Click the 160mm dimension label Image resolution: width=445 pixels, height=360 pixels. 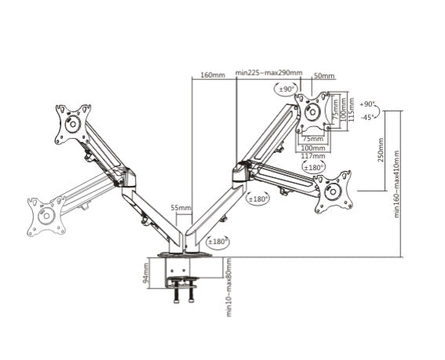pos(213,75)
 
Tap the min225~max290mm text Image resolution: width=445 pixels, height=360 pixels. pos(268,73)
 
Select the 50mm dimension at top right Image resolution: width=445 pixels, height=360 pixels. pos(323,76)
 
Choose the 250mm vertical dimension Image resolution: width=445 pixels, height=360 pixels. pos(381,150)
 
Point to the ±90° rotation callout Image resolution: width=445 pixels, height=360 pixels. pos(284,89)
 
